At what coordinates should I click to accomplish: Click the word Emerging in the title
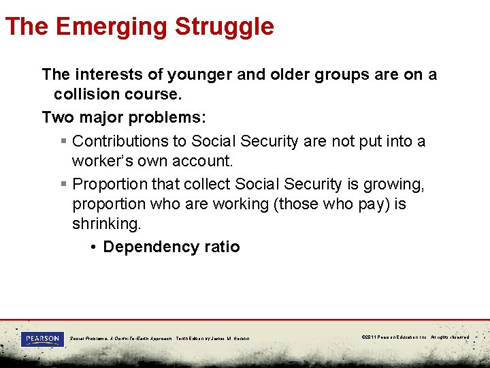(112, 27)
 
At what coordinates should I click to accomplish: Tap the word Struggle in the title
(224, 27)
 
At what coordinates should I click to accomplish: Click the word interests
(105, 74)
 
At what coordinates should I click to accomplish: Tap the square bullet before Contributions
(63, 142)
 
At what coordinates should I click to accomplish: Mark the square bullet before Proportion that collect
(63, 185)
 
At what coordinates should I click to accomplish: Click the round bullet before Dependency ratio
(93, 247)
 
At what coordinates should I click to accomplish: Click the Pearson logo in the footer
(42, 338)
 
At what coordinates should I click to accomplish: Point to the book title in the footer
(121, 338)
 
